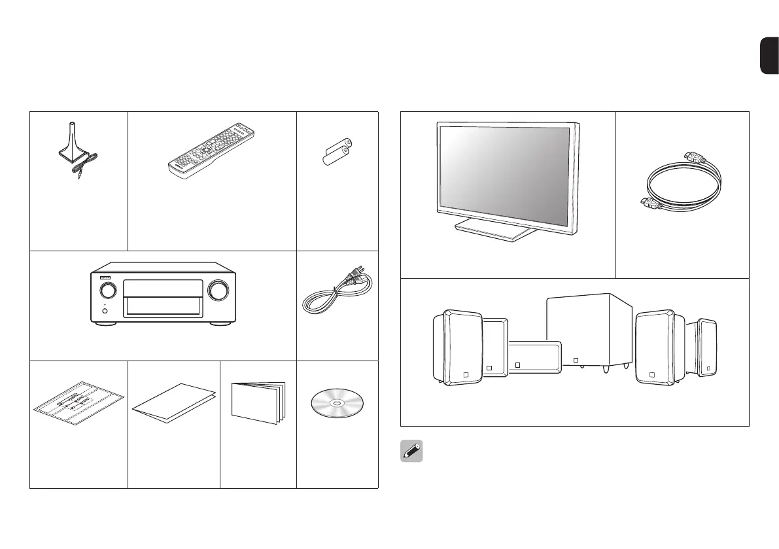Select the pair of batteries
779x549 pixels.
[338, 151]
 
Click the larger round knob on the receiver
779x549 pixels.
[220, 290]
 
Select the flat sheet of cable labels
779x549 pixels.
[78, 404]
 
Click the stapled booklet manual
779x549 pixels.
[258, 400]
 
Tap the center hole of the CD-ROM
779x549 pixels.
[338, 404]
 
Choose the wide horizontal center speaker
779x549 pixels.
[534, 357]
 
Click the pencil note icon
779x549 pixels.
[411, 452]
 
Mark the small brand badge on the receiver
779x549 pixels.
[105, 277]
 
